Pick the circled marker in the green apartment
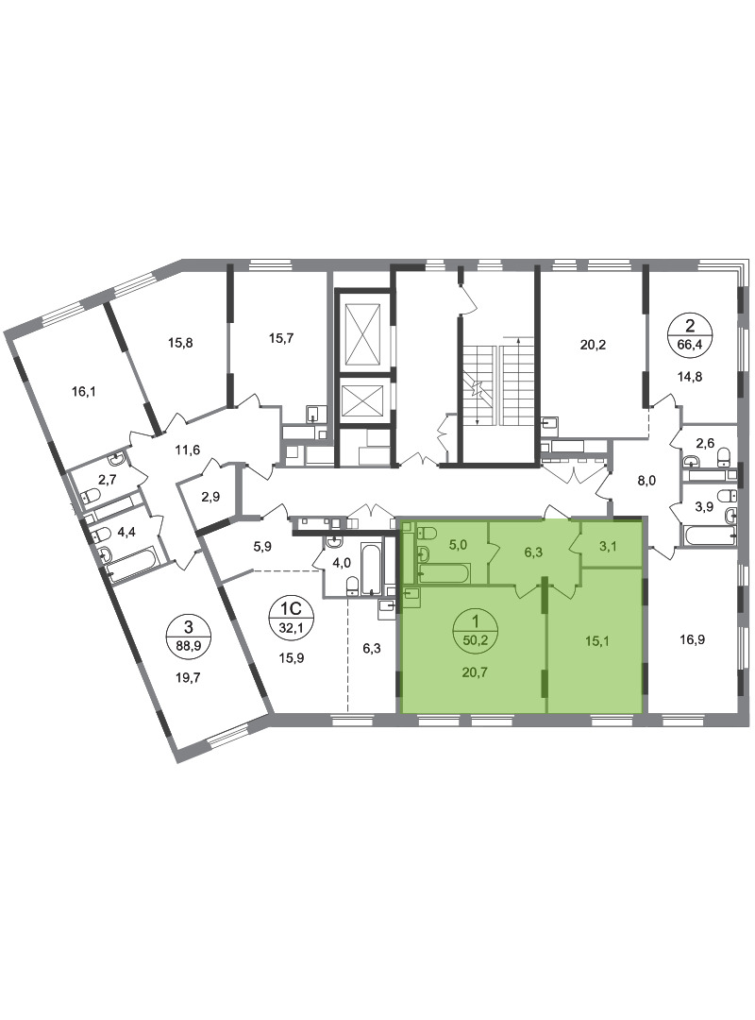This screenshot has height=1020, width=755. (478, 632)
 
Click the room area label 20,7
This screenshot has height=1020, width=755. (475, 672)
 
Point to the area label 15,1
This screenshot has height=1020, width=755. (597, 641)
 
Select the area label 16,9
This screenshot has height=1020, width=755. (693, 640)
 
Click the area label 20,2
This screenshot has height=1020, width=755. (593, 345)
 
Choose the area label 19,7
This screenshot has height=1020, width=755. (188, 677)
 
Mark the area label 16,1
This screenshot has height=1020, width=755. (84, 392)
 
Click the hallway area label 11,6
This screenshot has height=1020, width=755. (188, 449)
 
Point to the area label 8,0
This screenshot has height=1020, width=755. (646, 481)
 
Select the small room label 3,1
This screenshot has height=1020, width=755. (608, 546)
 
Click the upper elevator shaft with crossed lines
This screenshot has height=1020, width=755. (362, 334)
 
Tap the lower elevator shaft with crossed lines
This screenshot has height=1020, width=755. (362, 400)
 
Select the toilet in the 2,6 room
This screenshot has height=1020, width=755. (725, 459)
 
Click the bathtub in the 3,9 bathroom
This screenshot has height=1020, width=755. (710, 536)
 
